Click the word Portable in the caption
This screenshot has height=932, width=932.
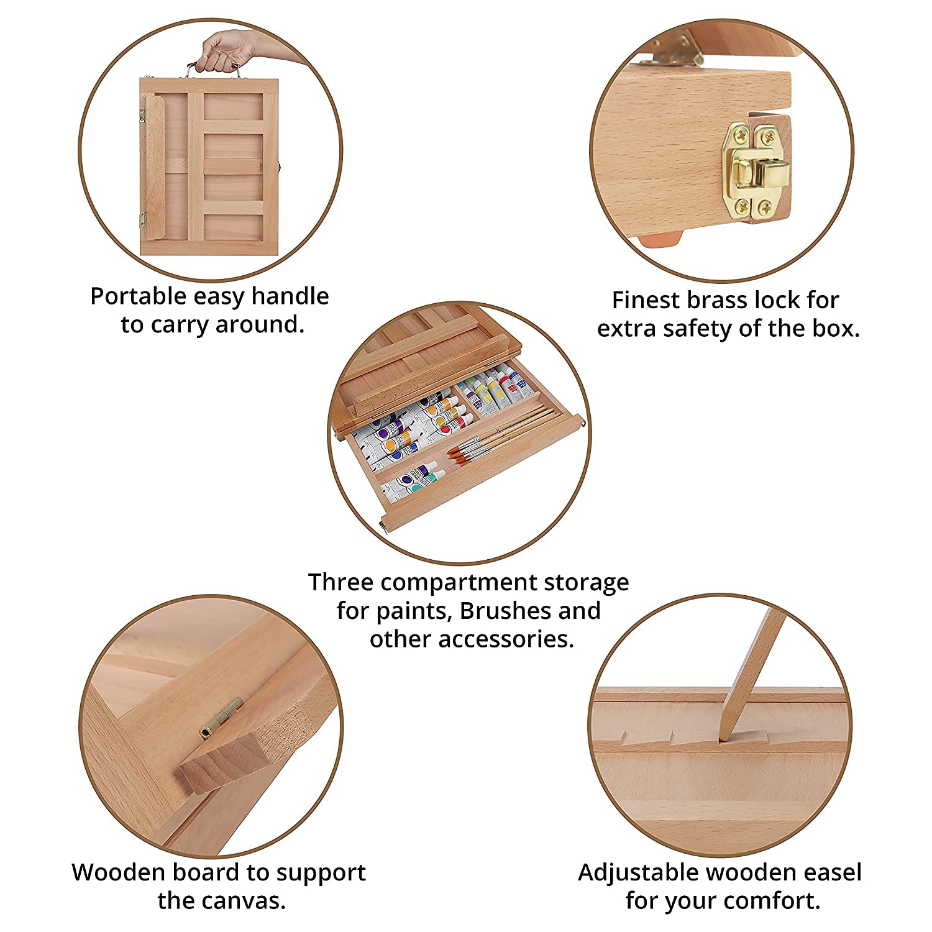click(139, 296)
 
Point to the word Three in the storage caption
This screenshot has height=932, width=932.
click(340, 583)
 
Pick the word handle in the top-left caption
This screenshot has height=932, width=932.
click(290, 296)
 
